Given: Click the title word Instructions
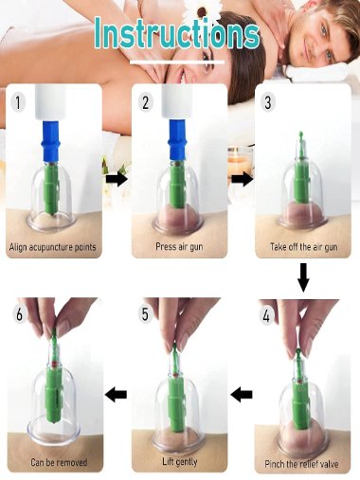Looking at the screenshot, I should [x=176, y=34].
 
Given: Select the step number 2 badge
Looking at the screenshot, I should [x=145, y=99].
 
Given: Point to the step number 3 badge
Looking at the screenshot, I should [x=269, y=99].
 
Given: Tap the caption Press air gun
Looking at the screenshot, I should [x=179, y=248].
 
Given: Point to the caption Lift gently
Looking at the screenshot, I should [x=179, y=463].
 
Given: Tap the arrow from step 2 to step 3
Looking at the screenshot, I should [x=242, y=178].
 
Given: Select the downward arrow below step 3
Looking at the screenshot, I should [x=303, y=278].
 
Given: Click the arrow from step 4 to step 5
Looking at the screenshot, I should [x=242, y=393].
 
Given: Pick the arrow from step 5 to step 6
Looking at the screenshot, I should [x=117, y=393].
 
